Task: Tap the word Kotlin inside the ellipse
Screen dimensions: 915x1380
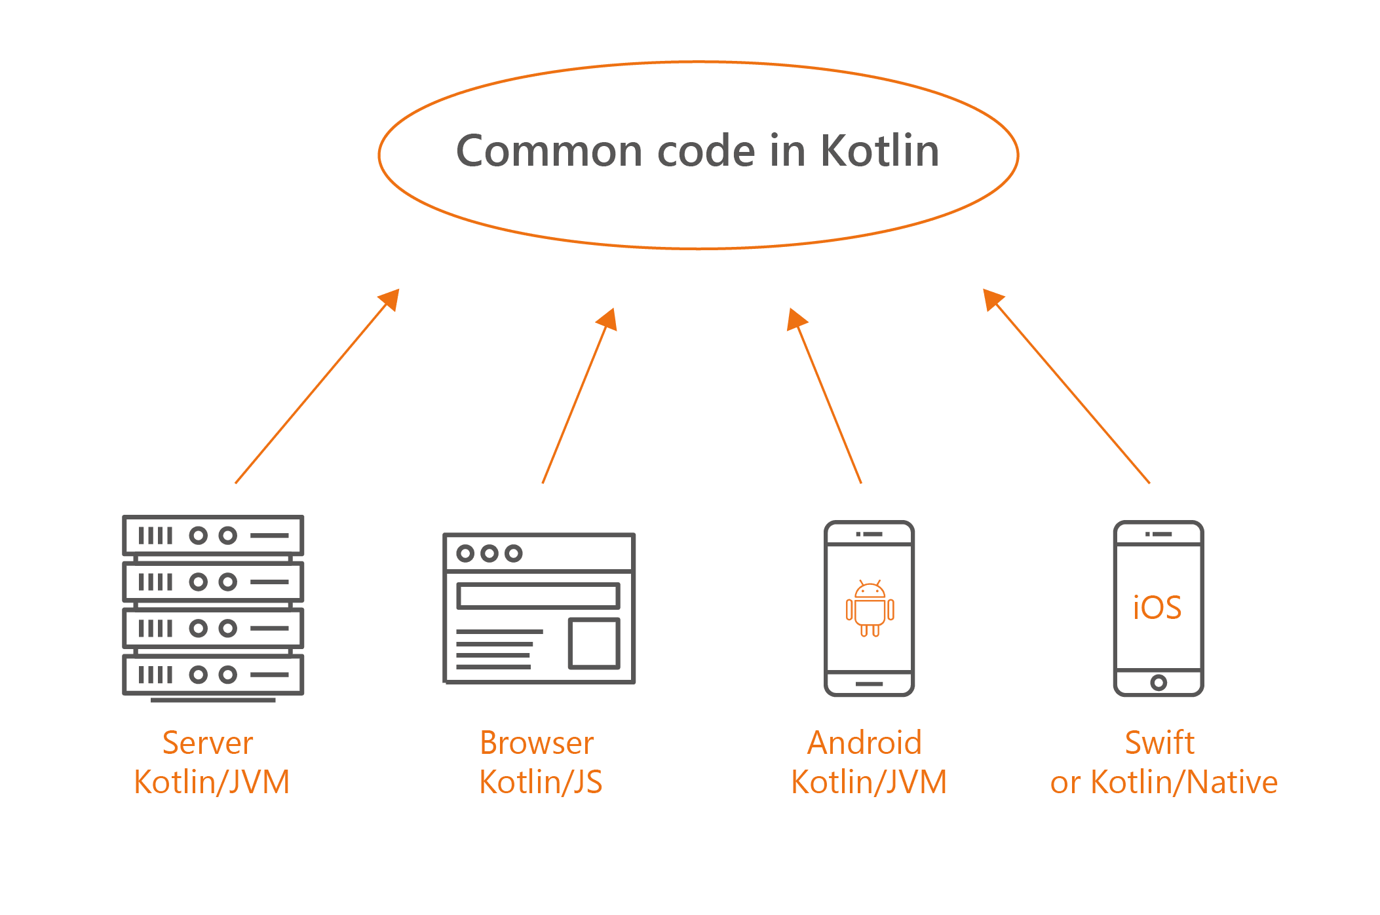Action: click(x=879, y=151)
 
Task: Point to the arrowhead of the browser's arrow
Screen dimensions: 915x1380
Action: click(x=608, y=318)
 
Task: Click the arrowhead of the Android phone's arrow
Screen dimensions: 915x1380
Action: click(x=795, y=319)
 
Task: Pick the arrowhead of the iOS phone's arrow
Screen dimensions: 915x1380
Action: click(x=992, y=299)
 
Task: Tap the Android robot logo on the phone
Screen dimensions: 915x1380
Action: click(x=870, y=608)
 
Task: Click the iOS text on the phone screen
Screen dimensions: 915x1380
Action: click(x=1157, y=608)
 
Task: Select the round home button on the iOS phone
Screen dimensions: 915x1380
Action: click(x=1159, y=682)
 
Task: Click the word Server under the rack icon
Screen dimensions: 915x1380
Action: click(x=208, y=743)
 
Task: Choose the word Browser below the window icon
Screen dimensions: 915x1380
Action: click(x=537, y=743)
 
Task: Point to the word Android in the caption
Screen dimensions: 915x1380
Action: click(x=864, y=743)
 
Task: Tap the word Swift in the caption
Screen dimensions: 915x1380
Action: click(x=1160, y=743)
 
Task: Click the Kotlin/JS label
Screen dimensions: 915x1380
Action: click(x=541, y=782)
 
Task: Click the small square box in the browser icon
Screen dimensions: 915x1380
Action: click(x=594, y=643)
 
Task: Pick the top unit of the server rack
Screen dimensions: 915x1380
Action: click(x=213, y=536)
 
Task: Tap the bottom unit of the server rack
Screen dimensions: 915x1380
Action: click(x=213, y=675)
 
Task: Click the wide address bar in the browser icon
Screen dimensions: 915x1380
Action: click(x=538, y=596)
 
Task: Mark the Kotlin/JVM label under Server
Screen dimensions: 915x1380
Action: click(x=212, y=782)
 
